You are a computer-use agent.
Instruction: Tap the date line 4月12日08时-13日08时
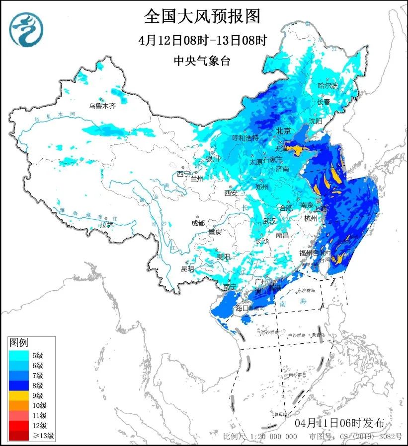pyautogui.click(x=202, y=40)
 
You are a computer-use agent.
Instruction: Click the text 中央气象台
pyautogui.click(x=202, y=61)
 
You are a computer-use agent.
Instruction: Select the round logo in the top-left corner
pyautogui.click(x=26, y=29)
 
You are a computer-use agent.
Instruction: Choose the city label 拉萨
pyautogui.click(x=106, y=224)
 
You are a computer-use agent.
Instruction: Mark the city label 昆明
pyautogui.click(x=187, y=268)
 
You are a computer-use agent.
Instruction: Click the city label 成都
pyautogui.click(x=197, y=223)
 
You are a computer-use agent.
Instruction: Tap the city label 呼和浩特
pyautogui.click(x=245, y=137)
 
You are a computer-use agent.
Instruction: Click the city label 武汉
pyautogui.click(x=269, y=221)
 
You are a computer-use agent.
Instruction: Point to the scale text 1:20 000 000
pyautogui.click(x=274, y=437)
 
